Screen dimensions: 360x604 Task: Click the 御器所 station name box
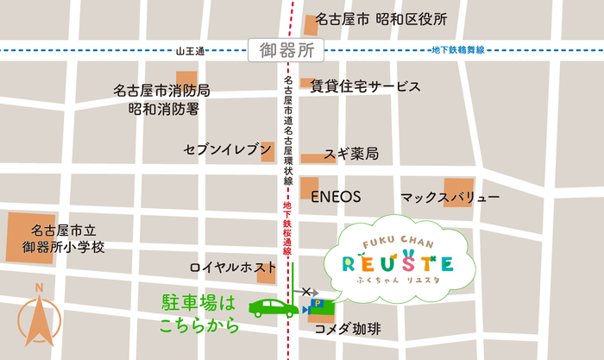point(285,50)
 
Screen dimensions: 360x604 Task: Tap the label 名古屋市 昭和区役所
point(381,19)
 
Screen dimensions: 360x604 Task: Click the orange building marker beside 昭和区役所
point(311,23)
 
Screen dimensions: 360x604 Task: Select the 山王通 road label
point(189,52)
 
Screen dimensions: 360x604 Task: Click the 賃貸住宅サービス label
point(366,86)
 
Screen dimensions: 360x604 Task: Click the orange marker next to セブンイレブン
point(267,150)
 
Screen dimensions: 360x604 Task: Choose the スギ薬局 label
point(351,155)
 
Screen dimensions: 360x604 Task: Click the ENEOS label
point(336,196)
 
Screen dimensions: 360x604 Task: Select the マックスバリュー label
point(450,199)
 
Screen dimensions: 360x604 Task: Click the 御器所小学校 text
point(63,247)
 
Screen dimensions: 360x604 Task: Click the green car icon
point(272,306)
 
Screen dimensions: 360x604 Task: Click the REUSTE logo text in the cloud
point(398,262)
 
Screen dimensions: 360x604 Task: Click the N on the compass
point(39,288)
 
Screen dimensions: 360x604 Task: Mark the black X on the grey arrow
point(305,292)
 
